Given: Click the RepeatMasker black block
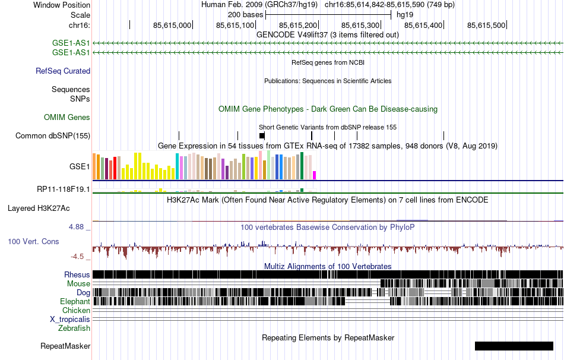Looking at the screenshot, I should coord(514,346).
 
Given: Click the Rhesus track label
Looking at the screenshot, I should coord(77,275).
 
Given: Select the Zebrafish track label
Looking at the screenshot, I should coord(74,329).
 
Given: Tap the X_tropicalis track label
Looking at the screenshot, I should coord(70,320).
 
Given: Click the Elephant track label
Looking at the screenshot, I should coord(75,302).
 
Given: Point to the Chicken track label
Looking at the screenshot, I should coord(76,311).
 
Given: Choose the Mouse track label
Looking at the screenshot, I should coord(78,284).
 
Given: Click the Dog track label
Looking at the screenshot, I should coord(83,293).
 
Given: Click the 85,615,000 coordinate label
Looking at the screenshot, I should coord(172,25).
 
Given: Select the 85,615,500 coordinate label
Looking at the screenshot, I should coord(486,25).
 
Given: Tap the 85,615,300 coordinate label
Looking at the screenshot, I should coord(361,25).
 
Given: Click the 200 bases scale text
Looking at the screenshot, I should coord(245,14).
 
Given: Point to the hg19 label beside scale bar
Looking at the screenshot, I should coord(405,14).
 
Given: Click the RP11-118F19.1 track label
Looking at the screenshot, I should coord(64,190).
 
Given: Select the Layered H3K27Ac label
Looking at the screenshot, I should coord(39,209).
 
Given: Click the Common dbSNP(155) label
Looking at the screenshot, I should coord(53,136).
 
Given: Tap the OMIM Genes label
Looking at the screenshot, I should coord(67,118).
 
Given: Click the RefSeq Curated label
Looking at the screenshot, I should coord(63,71).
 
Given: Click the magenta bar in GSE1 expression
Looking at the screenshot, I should coord(315,175).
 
